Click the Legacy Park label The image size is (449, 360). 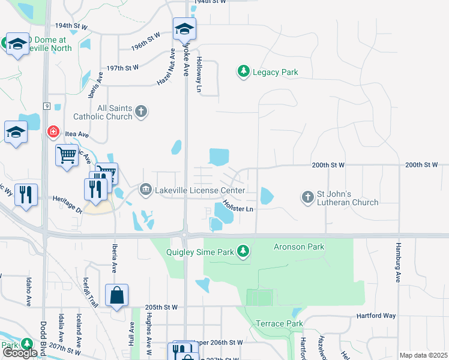275,73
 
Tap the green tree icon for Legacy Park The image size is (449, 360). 243,72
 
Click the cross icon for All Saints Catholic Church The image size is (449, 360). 141,111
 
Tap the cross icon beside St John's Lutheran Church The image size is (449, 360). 308,197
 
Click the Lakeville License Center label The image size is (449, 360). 199,191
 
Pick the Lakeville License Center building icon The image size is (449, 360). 145,190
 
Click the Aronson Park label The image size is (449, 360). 299,247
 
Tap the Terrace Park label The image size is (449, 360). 279,323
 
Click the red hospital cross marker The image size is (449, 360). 53,131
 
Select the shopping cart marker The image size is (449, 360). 67,155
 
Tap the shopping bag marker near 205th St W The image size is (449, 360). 116,295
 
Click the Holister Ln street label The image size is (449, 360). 238,206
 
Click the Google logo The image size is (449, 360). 20,353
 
